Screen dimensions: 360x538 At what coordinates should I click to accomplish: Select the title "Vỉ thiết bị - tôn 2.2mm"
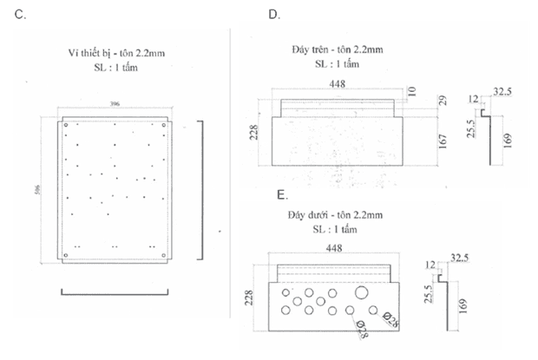pos(115,53)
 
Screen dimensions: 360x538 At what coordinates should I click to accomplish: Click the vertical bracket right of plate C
pos(202,189)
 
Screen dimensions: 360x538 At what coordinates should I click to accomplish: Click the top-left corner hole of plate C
pos(66,125)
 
